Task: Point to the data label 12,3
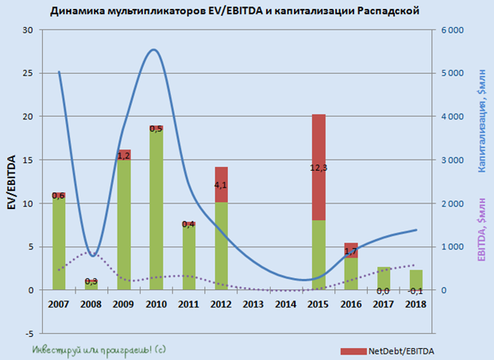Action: pyautogui.click(x=318, y=168)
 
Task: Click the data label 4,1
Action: pyautogui.click(x=221, y=185)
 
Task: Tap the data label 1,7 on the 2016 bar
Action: pyautogui.click(x=350, y=251)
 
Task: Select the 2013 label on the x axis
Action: pyautogui.click(x=253, y=305)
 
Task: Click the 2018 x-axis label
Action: pyautogui.click(x=415, y=305)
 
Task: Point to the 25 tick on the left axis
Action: pyautogui.click(x=29, y=73)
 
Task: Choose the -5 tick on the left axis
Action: pyautogui.click(x=29, y=333)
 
